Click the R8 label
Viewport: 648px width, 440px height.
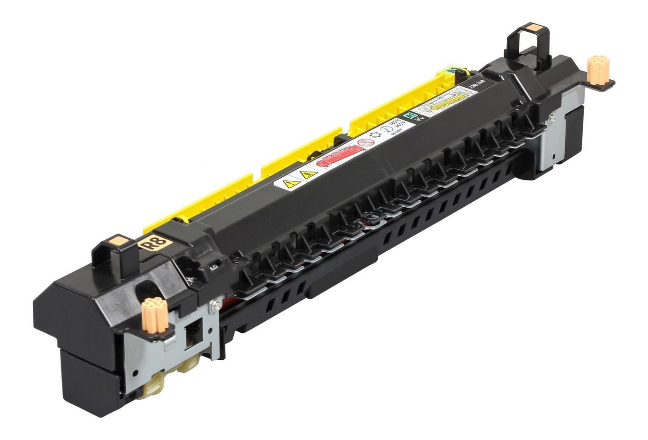tap(153, 243)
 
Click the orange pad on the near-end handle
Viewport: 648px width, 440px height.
tap(118, 240)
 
